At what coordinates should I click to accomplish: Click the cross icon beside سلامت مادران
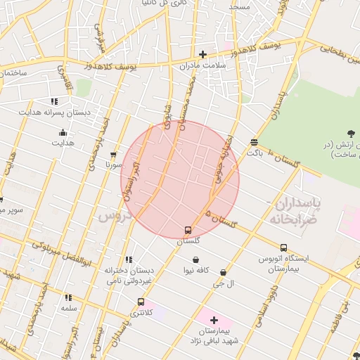click(202, 54)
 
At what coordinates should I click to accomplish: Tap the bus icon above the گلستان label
click(188, 230)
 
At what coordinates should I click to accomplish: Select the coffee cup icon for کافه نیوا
click(194, 259)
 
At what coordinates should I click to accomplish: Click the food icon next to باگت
click(253, 143)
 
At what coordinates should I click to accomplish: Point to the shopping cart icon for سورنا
click(113, 155)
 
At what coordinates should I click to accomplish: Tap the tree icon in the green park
click(350, 134)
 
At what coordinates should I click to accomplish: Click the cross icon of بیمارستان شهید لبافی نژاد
click(214, 320)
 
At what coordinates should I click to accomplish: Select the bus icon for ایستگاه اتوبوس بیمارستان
click(283, 247)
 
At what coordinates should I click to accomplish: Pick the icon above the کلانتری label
click(140, 302)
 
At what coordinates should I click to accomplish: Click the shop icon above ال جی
click(223, 273)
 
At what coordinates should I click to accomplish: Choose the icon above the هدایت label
click(63, 132)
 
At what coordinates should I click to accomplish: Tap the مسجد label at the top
click(238, 6)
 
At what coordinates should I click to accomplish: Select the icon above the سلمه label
click(68, 298)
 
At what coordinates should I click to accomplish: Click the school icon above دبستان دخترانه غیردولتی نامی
click(128, 259)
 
